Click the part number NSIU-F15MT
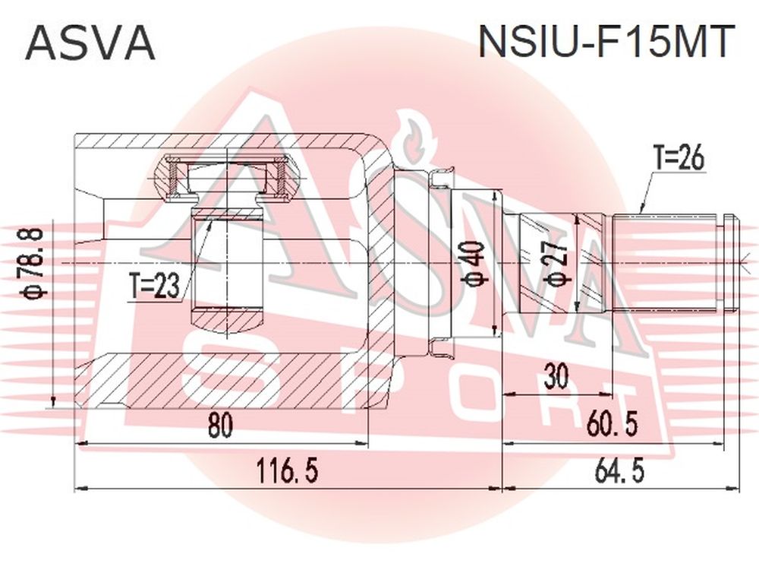[603, 42]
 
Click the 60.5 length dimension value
[611, 423]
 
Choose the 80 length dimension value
[220, 425]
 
